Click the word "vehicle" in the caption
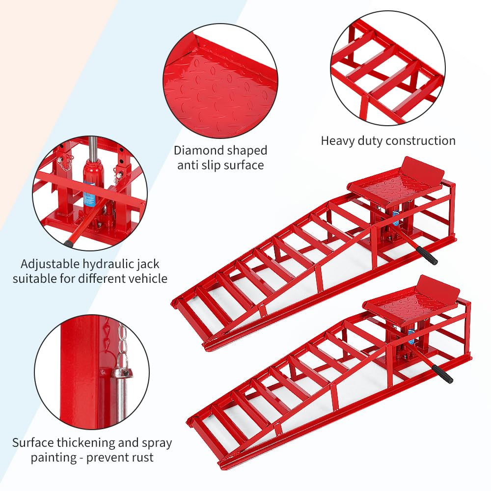coord(147,279)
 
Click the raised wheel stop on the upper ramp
coord(422,166)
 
